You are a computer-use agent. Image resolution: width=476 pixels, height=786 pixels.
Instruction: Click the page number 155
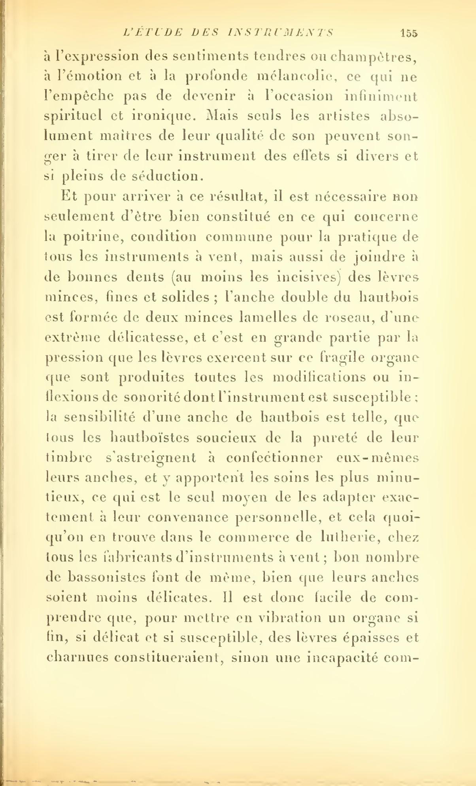pos(408,33)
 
